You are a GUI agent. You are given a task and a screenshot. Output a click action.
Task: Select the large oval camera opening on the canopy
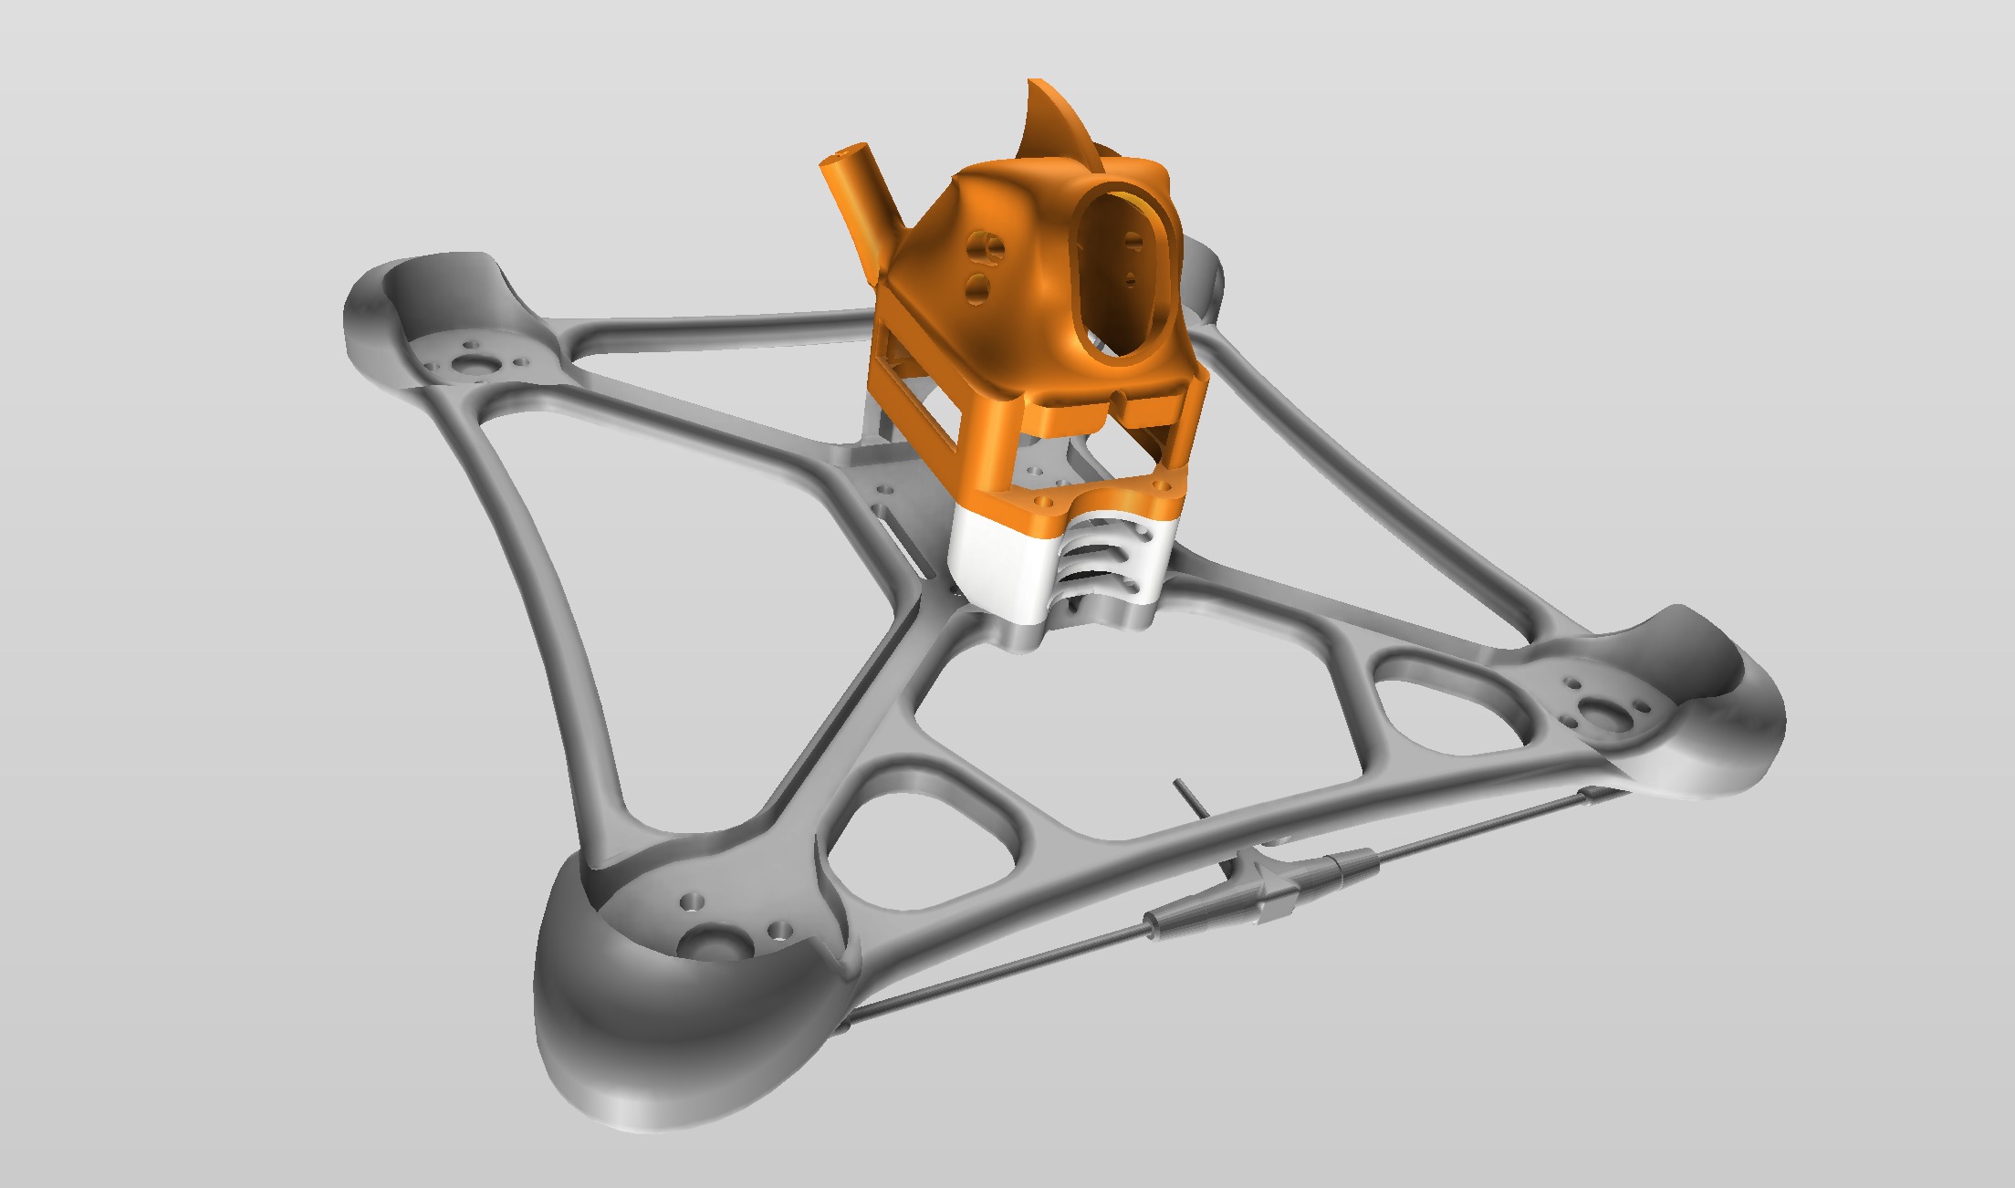click(x=1125, y=266)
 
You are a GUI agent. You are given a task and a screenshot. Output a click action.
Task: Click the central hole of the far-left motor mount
click(x=473, y=363)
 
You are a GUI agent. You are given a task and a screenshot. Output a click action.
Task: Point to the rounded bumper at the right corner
click(x=1716, y=730)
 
